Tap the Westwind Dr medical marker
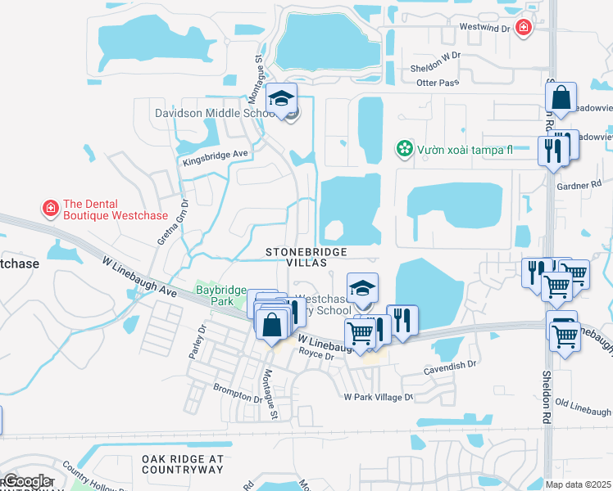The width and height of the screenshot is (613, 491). [x=523, y=28]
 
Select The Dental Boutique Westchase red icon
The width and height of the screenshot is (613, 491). [x=51, y=209]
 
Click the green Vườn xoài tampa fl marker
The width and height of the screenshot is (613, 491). [x=403, y=148]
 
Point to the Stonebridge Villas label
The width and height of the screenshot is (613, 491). [x=306, y=257]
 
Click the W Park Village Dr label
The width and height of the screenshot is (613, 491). [x=379, y=397]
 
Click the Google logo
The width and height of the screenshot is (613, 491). [x=26, y=481]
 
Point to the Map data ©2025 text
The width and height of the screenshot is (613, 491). [x=579, y=484]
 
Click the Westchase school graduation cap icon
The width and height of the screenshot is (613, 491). [x=362, y=287]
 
